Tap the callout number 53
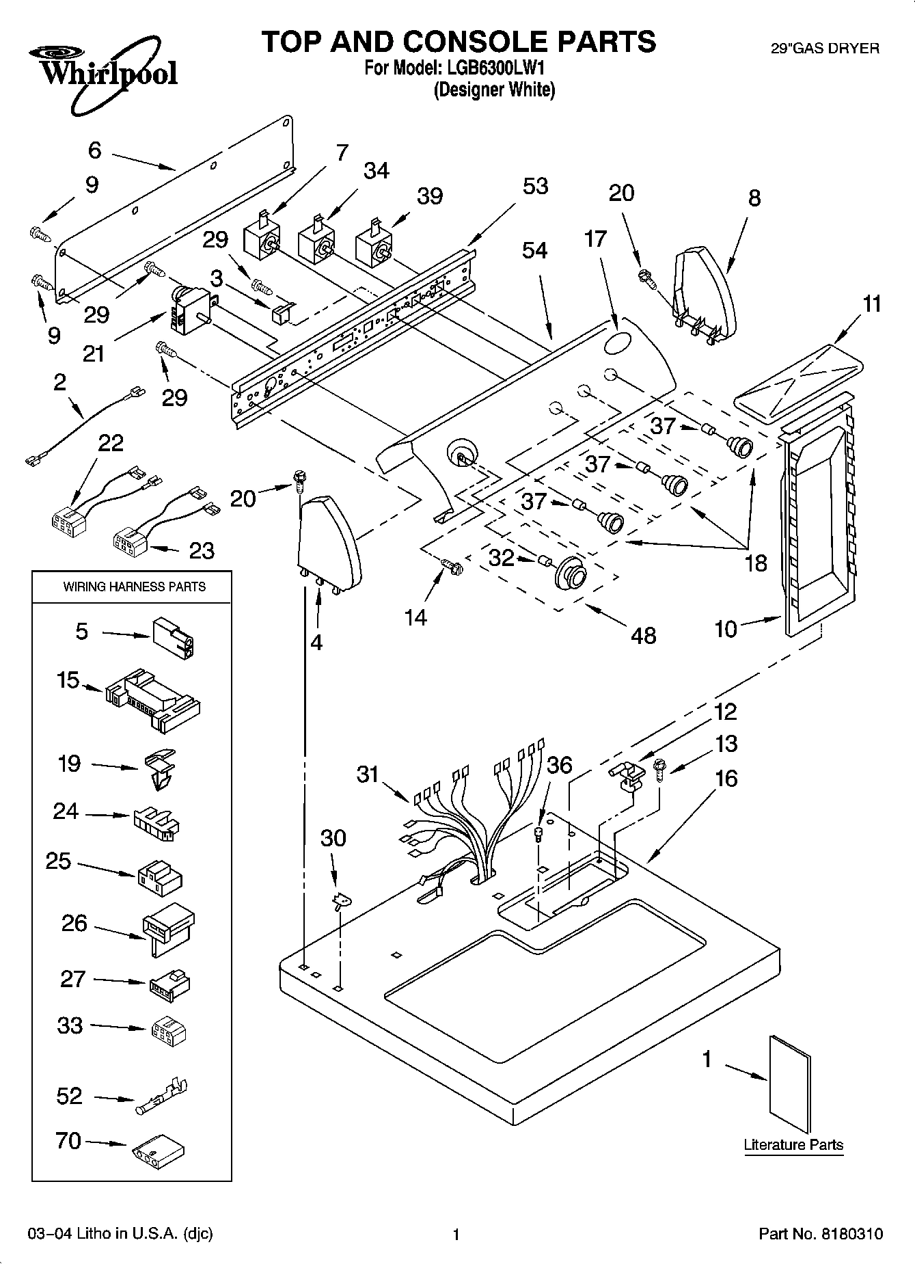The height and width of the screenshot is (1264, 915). tap(535, 186)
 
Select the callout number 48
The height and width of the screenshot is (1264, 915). tap(643, 636)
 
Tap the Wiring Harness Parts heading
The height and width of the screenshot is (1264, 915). tap(134, 587)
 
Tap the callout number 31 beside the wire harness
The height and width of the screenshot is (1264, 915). tap(368, 774)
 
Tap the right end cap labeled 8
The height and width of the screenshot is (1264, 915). tap(702, 294)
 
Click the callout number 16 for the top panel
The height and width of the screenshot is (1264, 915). tap(726, 778)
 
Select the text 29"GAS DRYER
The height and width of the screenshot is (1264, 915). tap(825, 49)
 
